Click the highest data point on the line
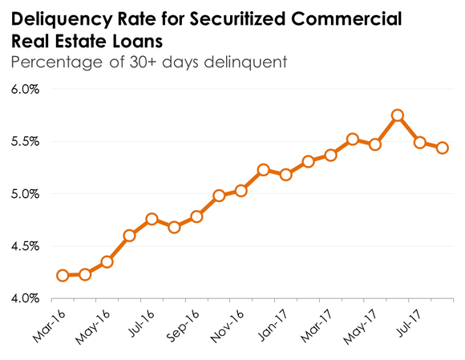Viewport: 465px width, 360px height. (x=397, y=115)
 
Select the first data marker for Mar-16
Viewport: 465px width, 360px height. (x=63, y=275)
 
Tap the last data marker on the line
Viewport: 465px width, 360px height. (x=442, y=148)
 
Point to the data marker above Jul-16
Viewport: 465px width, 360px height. (x=152, y=219)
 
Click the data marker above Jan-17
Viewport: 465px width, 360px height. (x=285, y=174)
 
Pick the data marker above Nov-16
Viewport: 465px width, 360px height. (x=241, y=191)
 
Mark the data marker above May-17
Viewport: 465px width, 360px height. (x=374, y=144)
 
